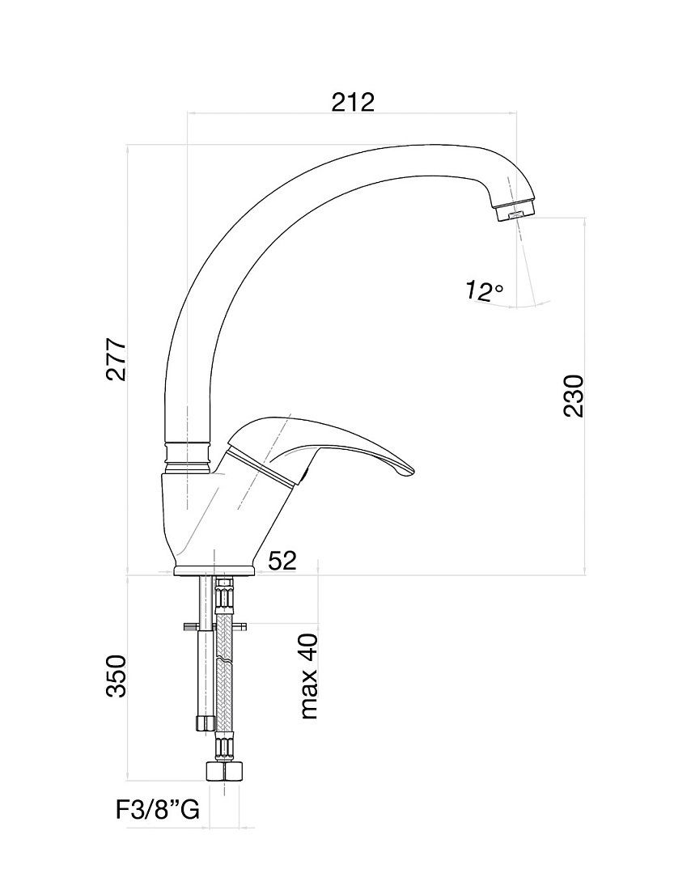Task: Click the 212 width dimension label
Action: (354, 102)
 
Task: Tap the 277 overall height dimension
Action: (117, 360)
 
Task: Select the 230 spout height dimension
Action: (574, 396)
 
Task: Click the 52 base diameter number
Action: (282, 561)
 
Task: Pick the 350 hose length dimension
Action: (117, 676)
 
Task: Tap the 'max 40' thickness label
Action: (309, 676)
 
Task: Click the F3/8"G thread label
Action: (158, 811)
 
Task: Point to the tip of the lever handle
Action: (414, 471)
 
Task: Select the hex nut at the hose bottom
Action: (224, 772)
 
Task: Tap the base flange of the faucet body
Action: (214, 570)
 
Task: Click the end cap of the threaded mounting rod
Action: (205, 723)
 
